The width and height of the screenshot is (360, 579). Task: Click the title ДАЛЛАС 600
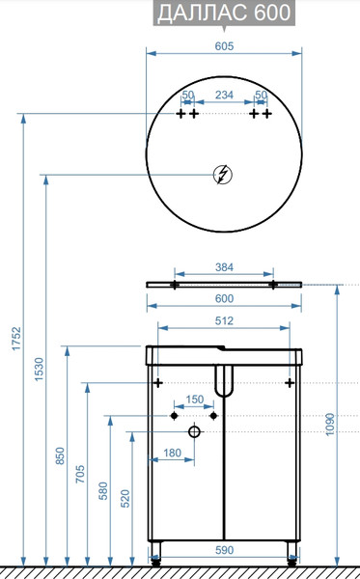[x=224, y=13]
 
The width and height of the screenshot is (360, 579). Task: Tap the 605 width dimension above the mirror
[x=224, y=46]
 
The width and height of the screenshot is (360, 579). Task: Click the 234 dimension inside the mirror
[x=224, y=95]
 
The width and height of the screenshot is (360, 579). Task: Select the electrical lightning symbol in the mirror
[x=223, y=175]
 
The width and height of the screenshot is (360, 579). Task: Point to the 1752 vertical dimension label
[x=16, y=339]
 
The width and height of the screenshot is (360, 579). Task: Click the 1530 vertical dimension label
[x=40, y=370]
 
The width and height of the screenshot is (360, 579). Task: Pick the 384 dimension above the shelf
[x=224, y=267]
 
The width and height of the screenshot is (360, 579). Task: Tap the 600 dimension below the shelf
[x=224, y=298]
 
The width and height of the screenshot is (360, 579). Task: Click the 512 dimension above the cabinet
[x=224, y=320]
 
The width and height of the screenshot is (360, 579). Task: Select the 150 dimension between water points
[x=195, y=400]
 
